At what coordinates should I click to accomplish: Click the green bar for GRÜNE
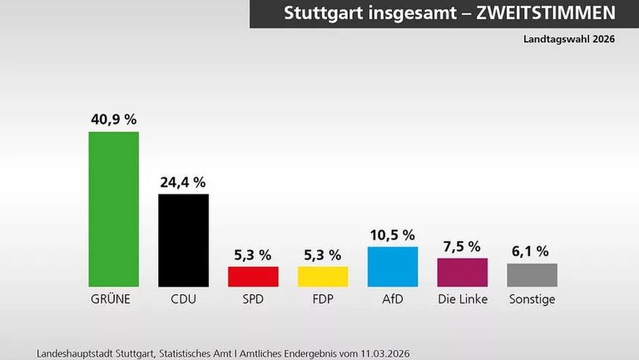114,209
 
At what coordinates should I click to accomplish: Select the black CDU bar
183,240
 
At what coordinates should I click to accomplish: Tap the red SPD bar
253,276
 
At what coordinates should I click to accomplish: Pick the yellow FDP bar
323,276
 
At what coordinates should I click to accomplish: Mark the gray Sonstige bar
532,274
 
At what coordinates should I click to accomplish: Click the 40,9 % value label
114,119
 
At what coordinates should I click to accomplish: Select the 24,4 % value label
183,182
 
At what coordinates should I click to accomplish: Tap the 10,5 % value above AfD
392,235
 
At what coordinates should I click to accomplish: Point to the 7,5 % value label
463,246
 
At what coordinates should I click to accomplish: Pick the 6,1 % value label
532,251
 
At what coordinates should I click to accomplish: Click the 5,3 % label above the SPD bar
253,254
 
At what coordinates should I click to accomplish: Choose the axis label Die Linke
463,298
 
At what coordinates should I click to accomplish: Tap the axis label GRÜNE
114,298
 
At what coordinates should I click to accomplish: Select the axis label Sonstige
532,298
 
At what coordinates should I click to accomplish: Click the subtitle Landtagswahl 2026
568,39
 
